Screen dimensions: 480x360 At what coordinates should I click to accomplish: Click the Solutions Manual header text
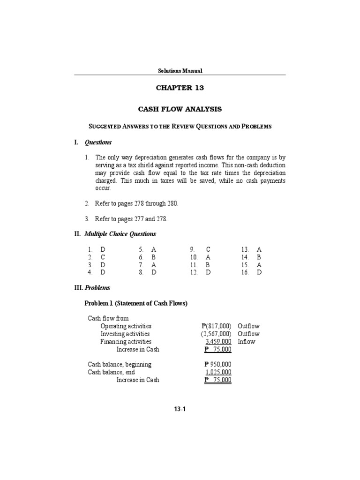(180, 71)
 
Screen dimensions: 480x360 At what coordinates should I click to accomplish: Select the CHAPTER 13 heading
(180, 88)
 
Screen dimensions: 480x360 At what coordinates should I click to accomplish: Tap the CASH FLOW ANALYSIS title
(180, 109)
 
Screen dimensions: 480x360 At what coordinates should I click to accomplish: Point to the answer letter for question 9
(208, 249)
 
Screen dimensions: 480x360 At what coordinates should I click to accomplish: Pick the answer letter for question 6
(153, 257)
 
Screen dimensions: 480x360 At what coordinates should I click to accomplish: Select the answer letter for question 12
(208, 272)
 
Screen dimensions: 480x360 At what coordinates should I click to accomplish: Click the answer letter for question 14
(259, 257)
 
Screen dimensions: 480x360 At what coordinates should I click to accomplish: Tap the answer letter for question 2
(103, 257)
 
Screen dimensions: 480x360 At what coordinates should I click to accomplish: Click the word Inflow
(246, 342)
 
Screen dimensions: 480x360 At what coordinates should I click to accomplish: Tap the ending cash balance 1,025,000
(217, 372)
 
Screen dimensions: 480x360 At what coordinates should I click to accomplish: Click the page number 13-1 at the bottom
(180, 409)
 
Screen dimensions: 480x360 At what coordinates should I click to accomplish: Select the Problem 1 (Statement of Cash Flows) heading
(135, 303)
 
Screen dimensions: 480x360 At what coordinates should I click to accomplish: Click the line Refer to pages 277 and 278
(131, 219)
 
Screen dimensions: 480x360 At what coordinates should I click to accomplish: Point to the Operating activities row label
(126, 326)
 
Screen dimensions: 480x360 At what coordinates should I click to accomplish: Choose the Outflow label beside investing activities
(248, 334)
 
